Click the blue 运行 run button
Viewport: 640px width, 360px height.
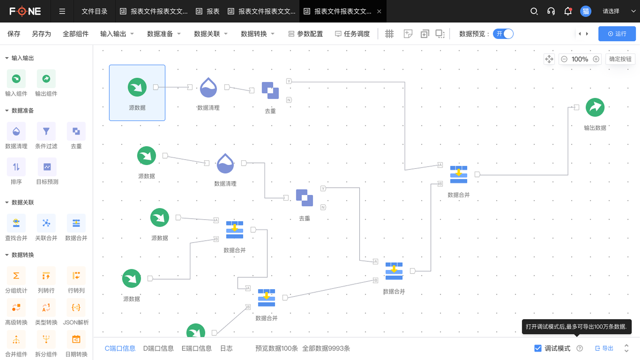point(617,34)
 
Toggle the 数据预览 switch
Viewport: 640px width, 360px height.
point(503,34)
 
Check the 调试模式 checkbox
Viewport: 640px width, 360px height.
point(538,348)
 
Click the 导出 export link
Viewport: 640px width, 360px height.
point(604,348)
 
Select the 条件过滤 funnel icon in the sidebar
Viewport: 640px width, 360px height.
point(46,131)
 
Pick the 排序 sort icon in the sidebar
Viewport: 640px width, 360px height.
point(16,167)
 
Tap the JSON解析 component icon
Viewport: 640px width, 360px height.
point(76,307)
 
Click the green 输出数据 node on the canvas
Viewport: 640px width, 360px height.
point(595,107)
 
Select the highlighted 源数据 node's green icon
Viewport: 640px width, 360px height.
point(137,87)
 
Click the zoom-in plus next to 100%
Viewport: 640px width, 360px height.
point(596,59)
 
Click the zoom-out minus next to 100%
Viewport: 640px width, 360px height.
point(564,59)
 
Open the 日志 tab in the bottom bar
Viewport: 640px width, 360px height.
point(226,348)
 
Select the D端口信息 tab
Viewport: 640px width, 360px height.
point(158,348)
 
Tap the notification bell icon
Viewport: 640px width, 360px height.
point(568,11)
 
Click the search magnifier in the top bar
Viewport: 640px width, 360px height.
point(534,11)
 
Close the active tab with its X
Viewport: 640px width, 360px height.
point(379,11)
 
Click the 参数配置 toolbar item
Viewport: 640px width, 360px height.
point(306,34)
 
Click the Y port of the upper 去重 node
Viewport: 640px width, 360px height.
point(289,81)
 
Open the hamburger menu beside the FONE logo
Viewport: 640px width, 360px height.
point(62,11)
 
